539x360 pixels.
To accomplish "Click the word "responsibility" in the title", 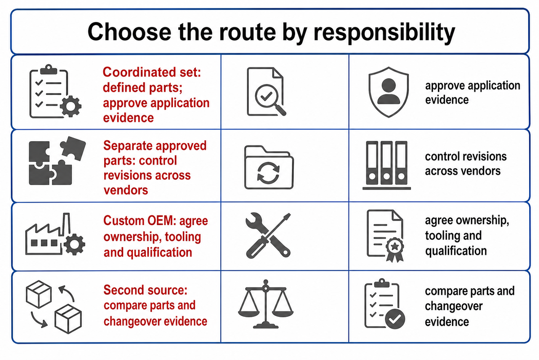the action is [x=384, y=32].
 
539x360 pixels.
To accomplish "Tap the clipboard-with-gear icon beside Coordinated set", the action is [x=55, y=91].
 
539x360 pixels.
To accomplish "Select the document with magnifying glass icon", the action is [x=266, y=92].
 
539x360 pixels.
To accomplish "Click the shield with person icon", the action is [x=389, y=92].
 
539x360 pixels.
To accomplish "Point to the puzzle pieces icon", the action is [x=57, y=161].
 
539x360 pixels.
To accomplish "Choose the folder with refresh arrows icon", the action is [x=269, y=167].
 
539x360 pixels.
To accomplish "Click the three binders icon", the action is [x=386, y=166].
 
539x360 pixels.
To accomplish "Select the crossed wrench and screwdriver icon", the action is [x=268, y=236].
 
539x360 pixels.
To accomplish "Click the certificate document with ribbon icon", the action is [x=385, y=236].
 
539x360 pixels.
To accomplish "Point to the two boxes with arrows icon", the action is [x=53, y=307].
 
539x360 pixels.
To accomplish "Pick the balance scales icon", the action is [x=265, y=304].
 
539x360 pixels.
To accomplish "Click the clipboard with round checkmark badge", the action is [x=384, y=304].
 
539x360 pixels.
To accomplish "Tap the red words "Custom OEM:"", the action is [x=140, y=220].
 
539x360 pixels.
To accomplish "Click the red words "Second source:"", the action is [x=146, y=290].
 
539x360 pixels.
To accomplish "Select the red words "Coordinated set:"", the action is [x=152, y=72].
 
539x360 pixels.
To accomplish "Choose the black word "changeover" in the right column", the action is [x=454, y=306].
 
